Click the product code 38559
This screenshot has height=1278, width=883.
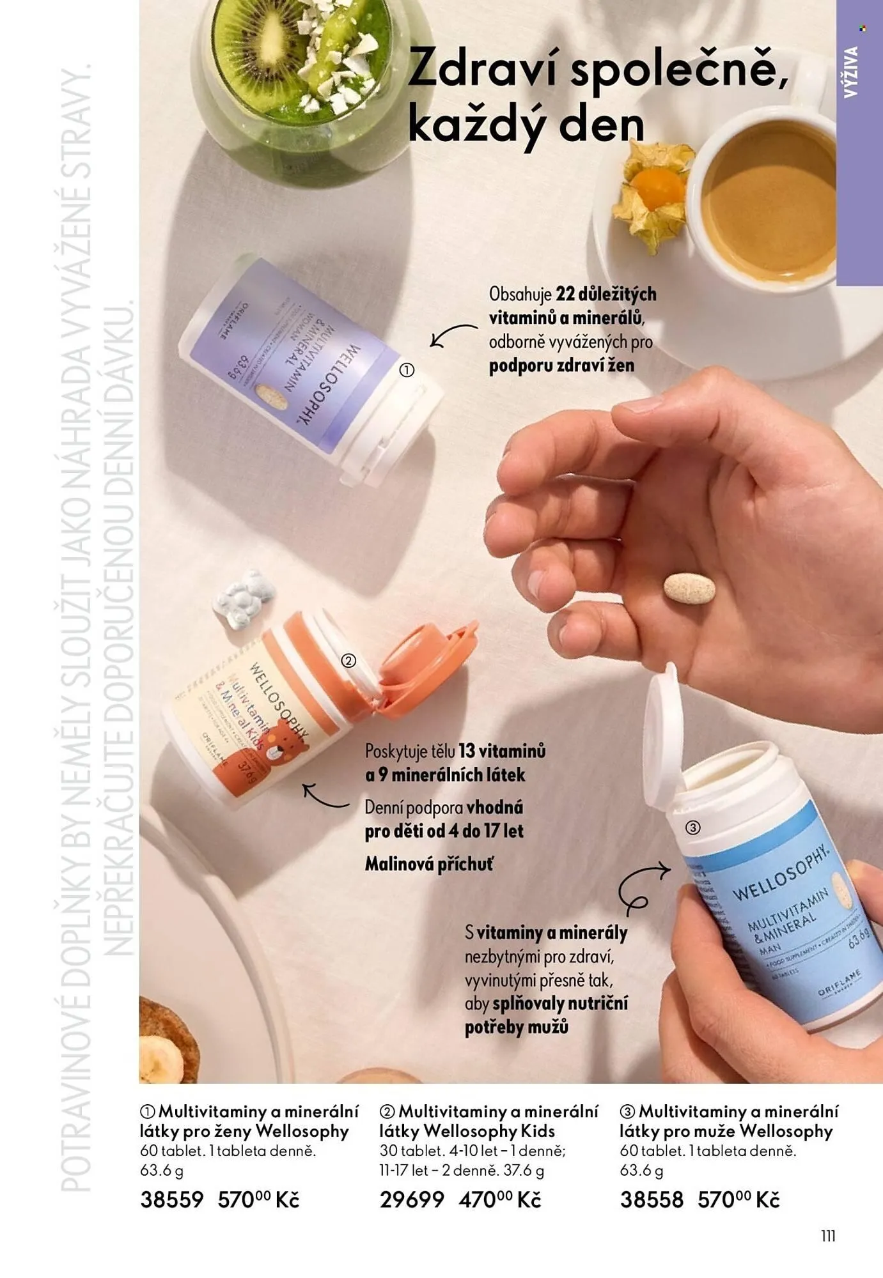(171, 1199)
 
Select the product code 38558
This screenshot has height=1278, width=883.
(652, 1199)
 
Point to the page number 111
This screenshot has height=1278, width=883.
(828, 1236)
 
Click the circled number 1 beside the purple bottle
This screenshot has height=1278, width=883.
(407, 370)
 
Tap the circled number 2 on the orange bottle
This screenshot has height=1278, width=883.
(348, 661)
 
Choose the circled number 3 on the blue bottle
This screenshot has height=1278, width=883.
(692, 828)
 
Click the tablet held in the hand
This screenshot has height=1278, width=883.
(689, 587)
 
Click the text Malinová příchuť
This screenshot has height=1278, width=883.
(429, 865)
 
